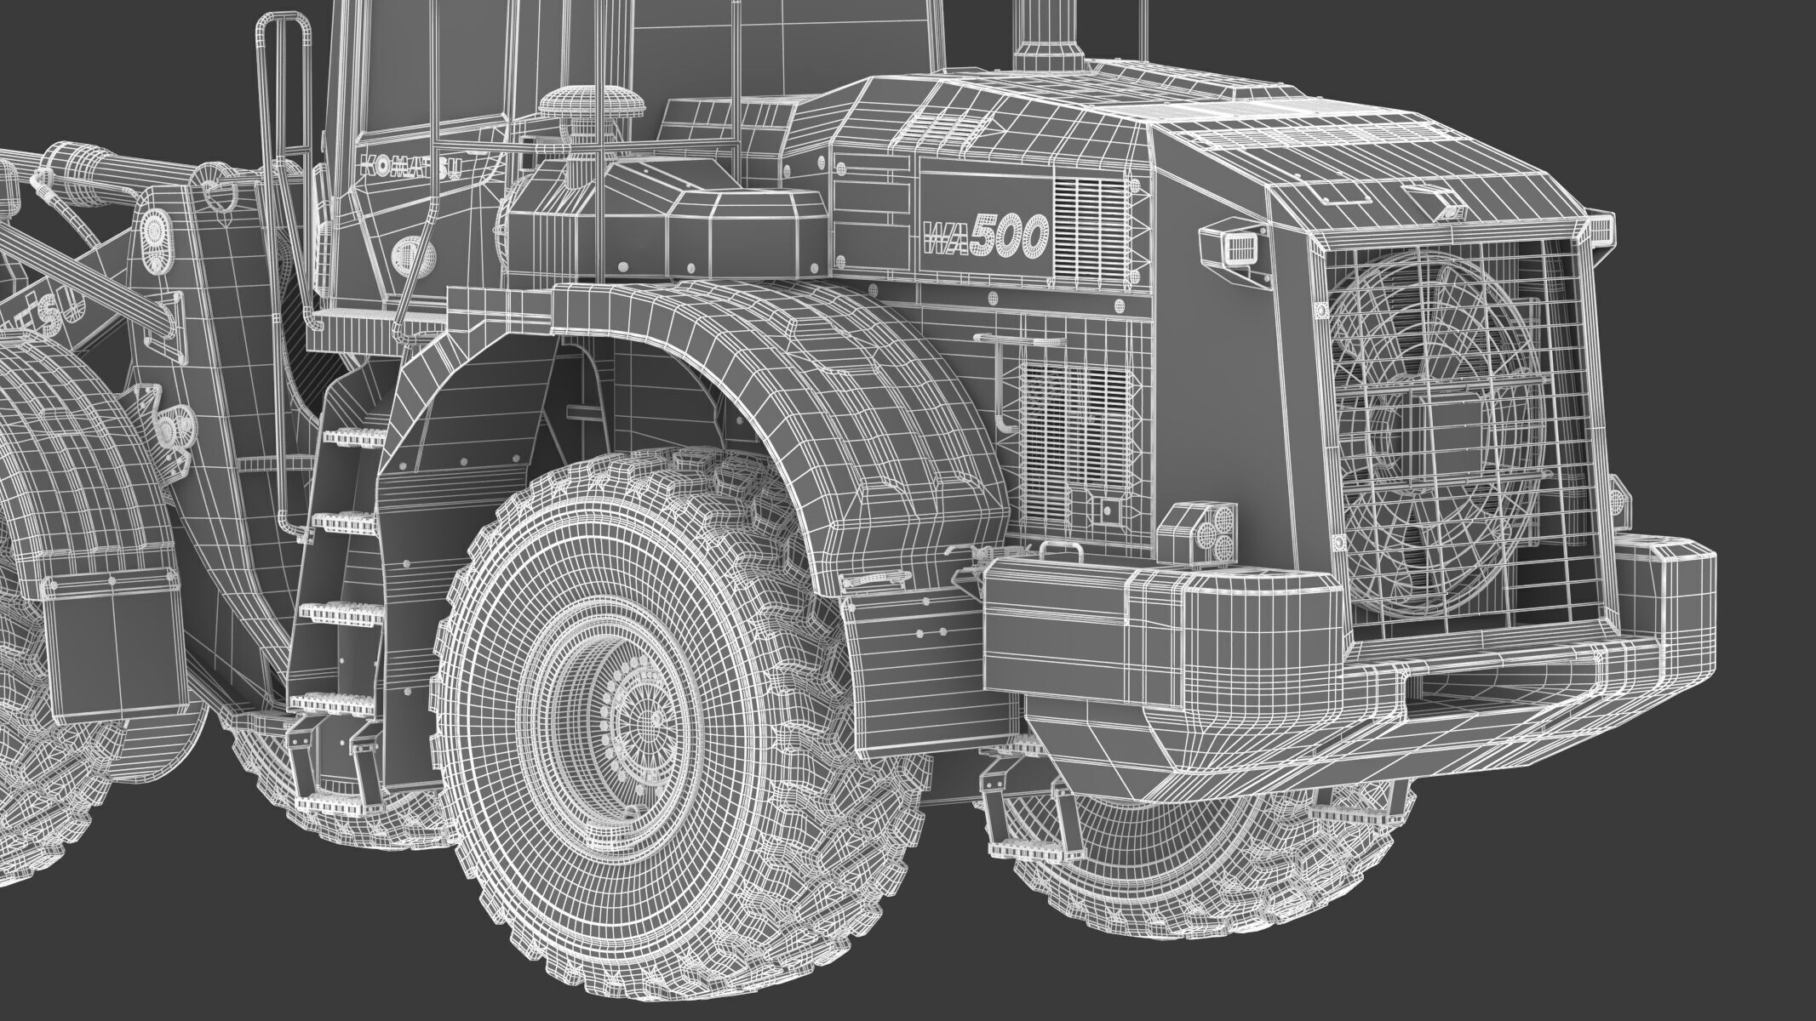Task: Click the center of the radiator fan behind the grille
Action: [x=1439, y=442]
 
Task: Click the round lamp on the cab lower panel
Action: [x=406, y=251]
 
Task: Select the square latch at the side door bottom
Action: [x=1106, y=510]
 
